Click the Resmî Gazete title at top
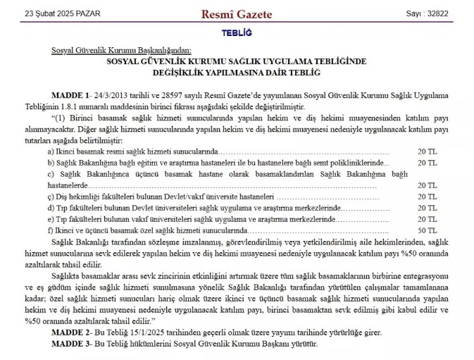pos(237,14)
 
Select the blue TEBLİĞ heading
pos(237,33)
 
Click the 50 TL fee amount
pos(427,230)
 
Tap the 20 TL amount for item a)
pos(427,151)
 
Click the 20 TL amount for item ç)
pos(427,197)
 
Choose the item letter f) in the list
pos(50,230)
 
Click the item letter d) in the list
pos(51,208)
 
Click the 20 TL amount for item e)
pos(427,219)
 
